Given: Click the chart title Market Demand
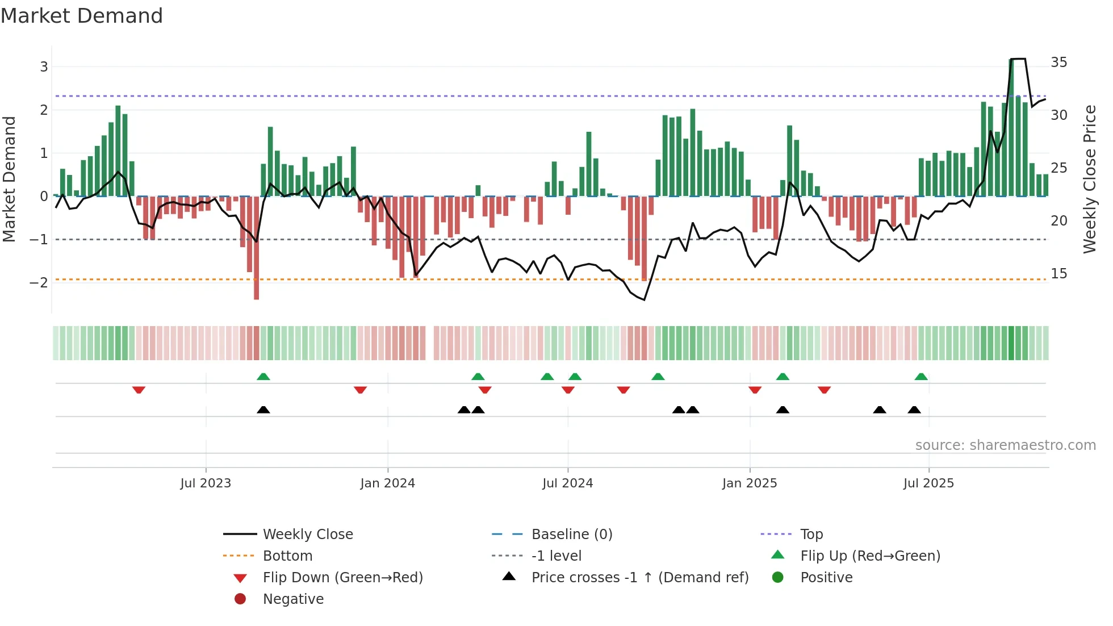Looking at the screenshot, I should (x=82, y=16).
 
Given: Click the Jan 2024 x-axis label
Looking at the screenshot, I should (x=387, y=483).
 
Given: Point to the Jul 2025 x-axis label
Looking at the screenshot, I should (x=928, y=483).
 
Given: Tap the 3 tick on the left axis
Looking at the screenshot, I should (x=44, y=67).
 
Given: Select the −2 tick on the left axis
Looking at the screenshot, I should (x=39, y=283).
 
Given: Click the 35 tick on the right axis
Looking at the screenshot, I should (x=1058, y=62).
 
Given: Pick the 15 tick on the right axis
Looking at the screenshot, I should (x=1058, y=274).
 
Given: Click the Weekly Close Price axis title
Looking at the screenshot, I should (x=1089, y=179).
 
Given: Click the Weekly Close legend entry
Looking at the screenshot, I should (x=307, y=535).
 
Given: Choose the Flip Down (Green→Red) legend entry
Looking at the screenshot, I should (x=342, y=578).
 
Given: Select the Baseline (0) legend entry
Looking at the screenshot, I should (x=571, y=535).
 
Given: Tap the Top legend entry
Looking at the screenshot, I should (x=811, y=535).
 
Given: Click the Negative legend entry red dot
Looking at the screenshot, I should (x=240, y=599).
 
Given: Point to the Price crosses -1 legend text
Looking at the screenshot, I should (x=639, y=578).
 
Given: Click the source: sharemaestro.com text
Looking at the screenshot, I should (x=1005, y=445).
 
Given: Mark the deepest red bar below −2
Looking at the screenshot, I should (x=257, y=284).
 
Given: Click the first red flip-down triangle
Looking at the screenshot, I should (x=139, y=390).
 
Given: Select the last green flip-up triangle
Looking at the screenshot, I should (x=921, y=377).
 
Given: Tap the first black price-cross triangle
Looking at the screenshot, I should (x=263, y=410).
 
